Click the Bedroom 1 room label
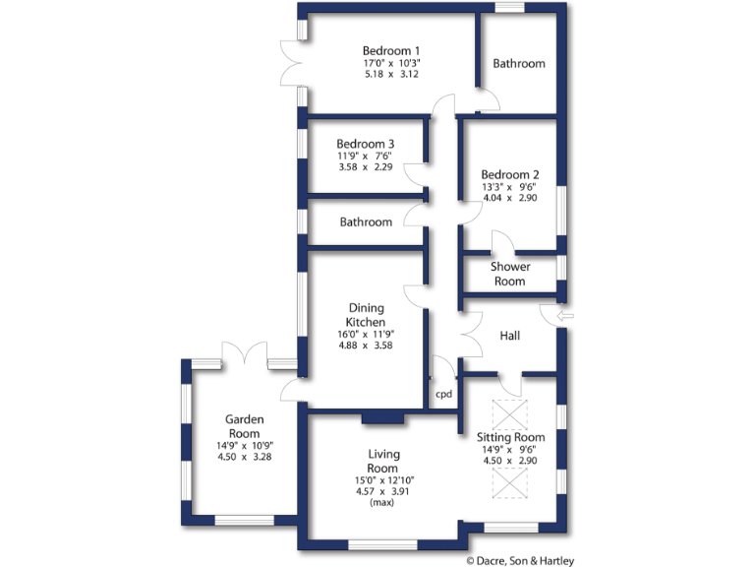(x=391, y=51)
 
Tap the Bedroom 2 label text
(x=510, y=174)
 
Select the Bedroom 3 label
(x=366, y=144)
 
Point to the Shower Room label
(x=510, y=274)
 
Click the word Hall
(x=509, y=336)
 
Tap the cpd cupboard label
(x=443, y=393)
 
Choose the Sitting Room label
(x=510, y=437)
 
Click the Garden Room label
(x=243, y=426)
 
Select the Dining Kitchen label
(x=366, y=315)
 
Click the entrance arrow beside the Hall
(x=565, y=316)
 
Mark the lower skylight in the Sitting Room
(x=509, y=484)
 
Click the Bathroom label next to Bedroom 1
(x=518, y=63)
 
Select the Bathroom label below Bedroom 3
(x=366, y=222)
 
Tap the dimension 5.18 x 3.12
(x=391, y=74)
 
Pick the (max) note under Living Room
(x=381, y=502)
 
